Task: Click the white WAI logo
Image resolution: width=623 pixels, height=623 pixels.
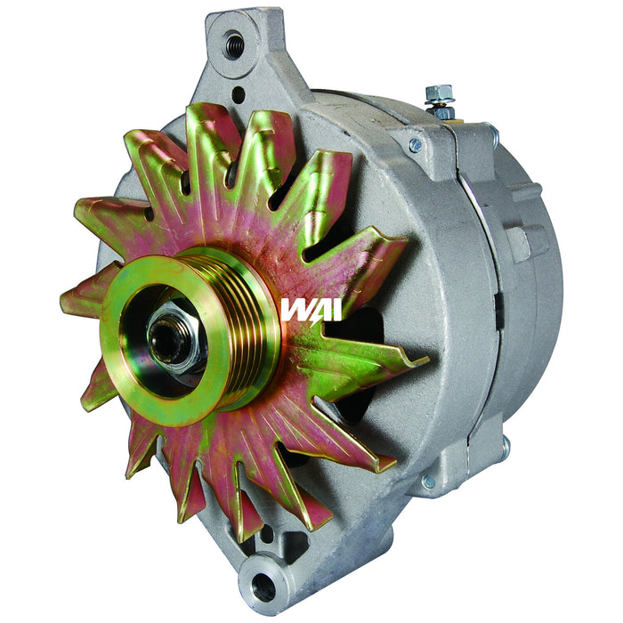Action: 304,310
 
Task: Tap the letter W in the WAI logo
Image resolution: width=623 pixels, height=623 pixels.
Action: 292,310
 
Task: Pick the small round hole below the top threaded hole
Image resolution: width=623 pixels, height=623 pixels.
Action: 238,93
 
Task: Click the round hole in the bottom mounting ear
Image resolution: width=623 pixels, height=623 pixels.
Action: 264,586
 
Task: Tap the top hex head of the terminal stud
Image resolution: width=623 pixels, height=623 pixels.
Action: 439,93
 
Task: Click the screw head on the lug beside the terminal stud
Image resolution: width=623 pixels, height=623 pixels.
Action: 415,145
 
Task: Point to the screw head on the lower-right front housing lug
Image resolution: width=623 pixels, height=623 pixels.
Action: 429,481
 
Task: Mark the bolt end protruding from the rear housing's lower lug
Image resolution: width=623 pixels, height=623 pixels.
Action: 505,447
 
